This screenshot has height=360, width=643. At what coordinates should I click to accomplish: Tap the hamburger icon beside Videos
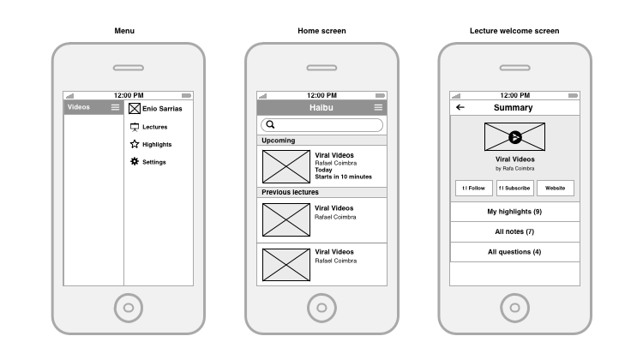point(116,107)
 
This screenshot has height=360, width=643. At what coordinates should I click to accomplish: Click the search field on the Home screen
point(321,125)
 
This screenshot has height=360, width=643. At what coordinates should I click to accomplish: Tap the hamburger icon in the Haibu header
point(378,107)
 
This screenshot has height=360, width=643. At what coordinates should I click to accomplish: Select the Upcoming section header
point(321,140)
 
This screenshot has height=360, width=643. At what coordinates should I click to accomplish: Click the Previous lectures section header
point(321,192)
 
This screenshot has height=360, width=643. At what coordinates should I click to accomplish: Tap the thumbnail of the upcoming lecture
point(285,166)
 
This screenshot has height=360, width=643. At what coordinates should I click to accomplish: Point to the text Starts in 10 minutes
point(343,177)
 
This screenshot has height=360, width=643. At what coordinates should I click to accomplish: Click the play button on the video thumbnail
point(514,137)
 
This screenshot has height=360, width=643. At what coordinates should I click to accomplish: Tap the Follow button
point(473,189)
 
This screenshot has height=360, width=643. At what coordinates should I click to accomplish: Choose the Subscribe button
point(514,189)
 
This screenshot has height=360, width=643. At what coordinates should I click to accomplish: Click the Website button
point(556,189)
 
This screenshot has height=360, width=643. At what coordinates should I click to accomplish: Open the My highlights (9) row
point(514,211)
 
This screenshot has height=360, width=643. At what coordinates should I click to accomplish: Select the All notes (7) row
point(514,231)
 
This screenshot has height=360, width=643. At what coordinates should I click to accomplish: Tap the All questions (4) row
point(514,252)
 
